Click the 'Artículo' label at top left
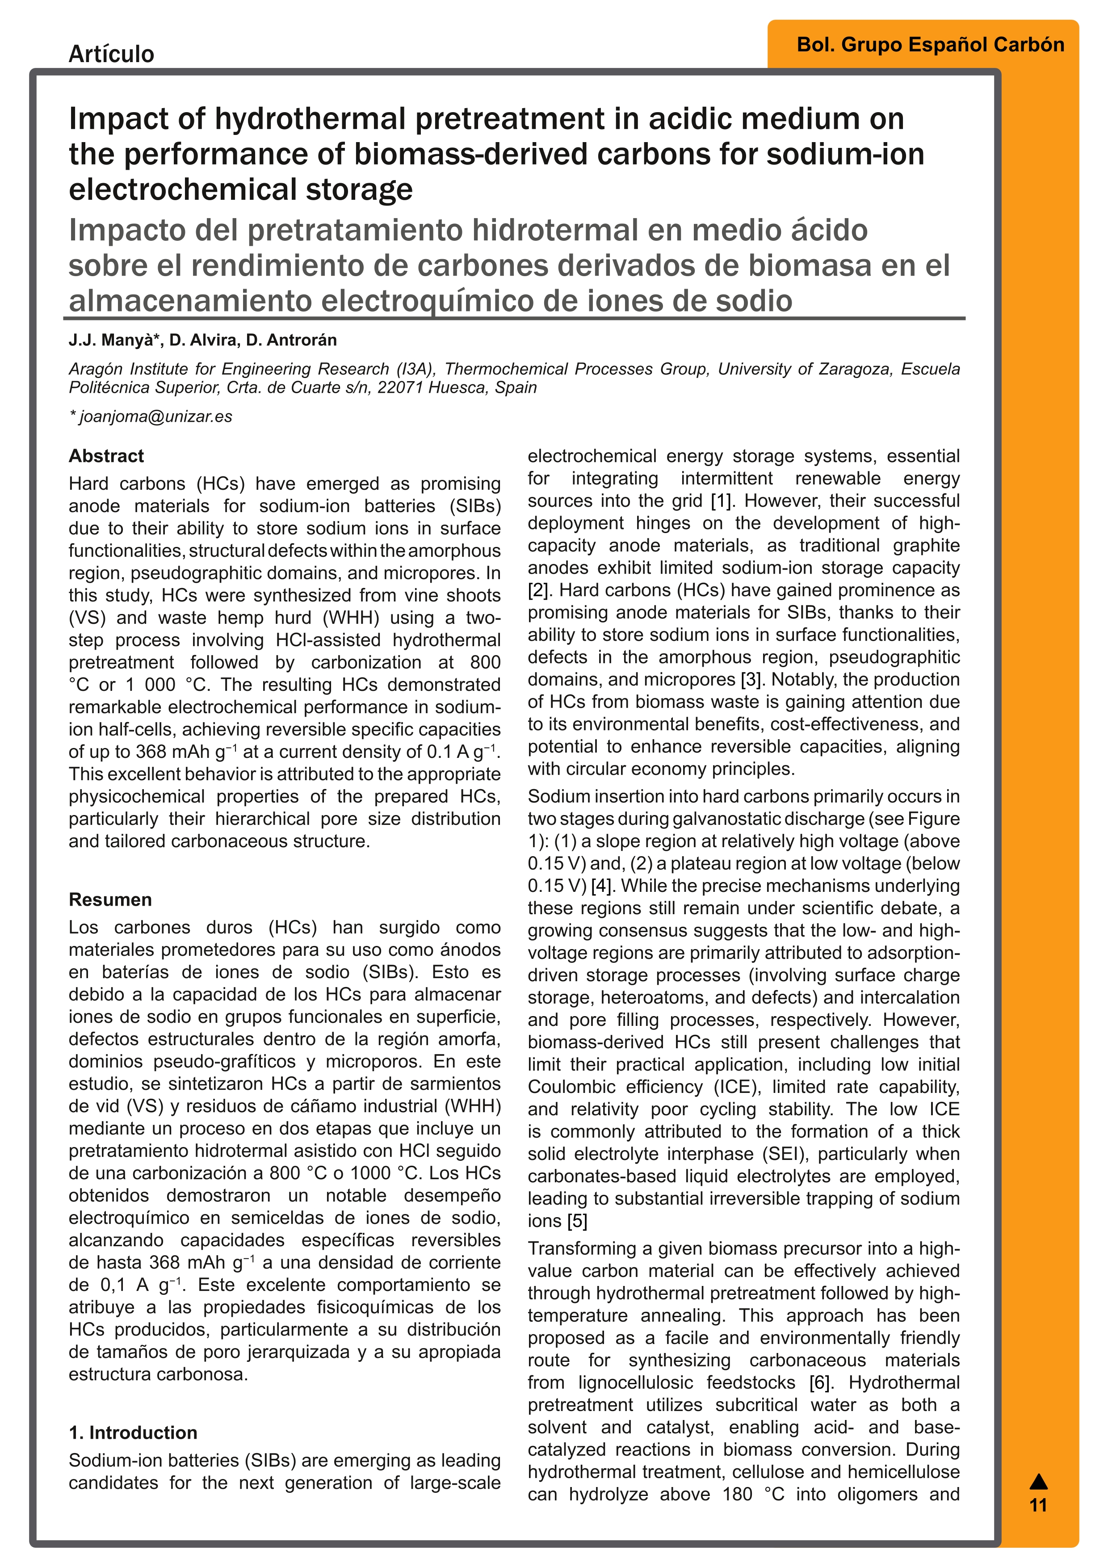[111, 54]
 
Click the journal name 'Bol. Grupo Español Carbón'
[930, 45]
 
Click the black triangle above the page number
[1038, 1481]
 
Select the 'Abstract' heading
[106, 456]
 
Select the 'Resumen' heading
[110, 899]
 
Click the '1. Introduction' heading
[133, 1433]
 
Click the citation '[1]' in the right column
[721, 501]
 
